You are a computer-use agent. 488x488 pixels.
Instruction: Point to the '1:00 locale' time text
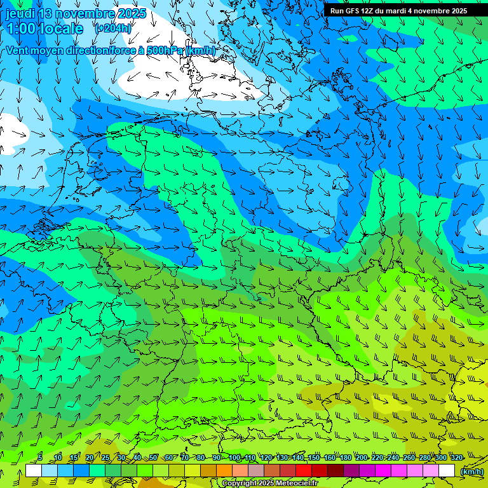44,29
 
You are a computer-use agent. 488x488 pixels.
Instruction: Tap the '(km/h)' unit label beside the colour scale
471,471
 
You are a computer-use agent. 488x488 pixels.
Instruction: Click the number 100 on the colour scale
234,457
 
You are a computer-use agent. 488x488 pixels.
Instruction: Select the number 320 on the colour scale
456,457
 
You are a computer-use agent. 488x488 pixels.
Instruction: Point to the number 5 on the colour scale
40,457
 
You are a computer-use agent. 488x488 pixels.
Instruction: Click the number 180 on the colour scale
345,457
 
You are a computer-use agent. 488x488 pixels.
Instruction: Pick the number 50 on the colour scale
153,457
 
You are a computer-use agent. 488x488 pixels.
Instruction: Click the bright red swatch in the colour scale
304,471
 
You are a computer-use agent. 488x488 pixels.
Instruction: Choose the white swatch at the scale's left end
34,471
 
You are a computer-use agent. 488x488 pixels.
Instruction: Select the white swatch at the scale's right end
447,471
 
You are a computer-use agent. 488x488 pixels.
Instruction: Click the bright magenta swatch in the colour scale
383,471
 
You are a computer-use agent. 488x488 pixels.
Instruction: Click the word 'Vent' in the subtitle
17,50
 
